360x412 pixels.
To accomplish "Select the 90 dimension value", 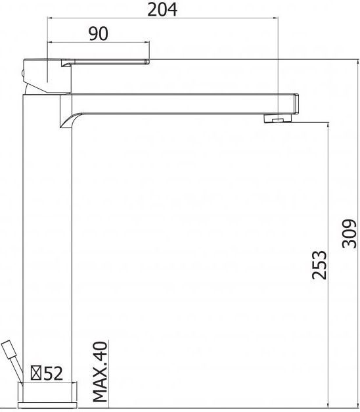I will pos(99,34).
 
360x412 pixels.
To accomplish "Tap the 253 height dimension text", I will pos(318,264).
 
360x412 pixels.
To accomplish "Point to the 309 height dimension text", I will pos(349,233).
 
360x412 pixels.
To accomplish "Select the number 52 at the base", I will pos(53,374).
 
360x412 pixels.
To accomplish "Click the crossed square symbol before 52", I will pos(37,374).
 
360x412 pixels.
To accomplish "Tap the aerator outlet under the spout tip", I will pos(277,119).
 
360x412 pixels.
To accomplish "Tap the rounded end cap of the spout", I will pos(296,104).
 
